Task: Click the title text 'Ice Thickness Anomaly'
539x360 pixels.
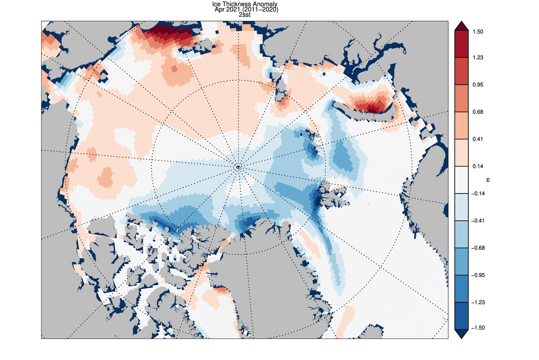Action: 245,4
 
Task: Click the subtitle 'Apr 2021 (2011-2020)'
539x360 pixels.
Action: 246,10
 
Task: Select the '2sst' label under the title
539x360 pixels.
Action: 245,15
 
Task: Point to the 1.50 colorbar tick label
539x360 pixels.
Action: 478,32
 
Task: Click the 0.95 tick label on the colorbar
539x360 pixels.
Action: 478,85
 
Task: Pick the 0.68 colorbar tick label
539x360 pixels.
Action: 478,112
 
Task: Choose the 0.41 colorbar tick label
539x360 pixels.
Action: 478,139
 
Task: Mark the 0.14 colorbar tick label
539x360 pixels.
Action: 478,167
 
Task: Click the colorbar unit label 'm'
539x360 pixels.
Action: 488,180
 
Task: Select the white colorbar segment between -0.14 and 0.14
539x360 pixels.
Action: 460,180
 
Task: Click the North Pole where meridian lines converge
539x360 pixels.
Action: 238,167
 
